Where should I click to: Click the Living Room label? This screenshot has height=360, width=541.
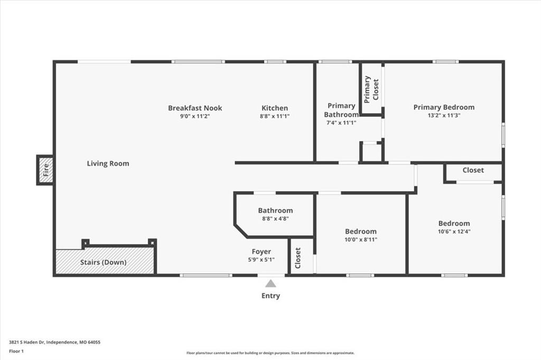click(x=108, y=164)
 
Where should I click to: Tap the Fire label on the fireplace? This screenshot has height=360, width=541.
click(x=46, y=170)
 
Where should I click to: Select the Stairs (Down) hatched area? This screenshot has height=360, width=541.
click(x=105, y=262)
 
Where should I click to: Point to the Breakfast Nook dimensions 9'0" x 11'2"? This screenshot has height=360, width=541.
click(x=195, y=117)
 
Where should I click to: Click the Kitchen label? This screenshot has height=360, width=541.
click(x=275, y=108)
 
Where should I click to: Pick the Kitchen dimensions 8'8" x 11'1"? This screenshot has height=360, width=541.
click(x=275, y=117)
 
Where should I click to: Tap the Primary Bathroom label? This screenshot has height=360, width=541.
click(x=341, y=110)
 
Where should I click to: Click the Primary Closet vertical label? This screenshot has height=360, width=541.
click(x=371, y=89)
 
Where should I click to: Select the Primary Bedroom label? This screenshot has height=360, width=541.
click(x=444, y=107)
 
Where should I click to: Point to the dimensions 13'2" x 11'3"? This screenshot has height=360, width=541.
click(x=444, y=116)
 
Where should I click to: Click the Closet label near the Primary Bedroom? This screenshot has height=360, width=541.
click(x=473, y=170)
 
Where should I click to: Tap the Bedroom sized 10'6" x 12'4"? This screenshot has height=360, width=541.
click(x=454, y=223)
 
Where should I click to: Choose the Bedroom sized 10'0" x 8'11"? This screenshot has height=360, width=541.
click(x=361, y=231)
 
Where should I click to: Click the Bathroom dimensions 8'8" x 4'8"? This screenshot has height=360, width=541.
click(x=275, y=219)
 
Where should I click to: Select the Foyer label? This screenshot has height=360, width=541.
click(x=261, y=252)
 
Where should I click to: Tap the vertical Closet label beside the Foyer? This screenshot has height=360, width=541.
click(x=298, y=258)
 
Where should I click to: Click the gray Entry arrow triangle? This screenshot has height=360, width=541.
click(x=271, y=283)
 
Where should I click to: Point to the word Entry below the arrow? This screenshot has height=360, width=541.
click(x=271, y=296)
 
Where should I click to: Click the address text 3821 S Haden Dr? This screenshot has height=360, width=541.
click(x=26, y=343)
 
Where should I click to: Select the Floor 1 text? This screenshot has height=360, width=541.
click(x=16, y=352)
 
